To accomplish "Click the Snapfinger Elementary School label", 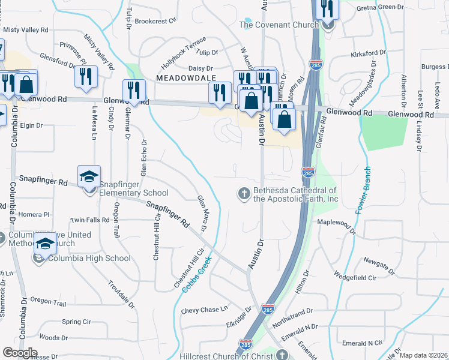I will coord(133,193).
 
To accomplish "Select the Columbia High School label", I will coord(88,259).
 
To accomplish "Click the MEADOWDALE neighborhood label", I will coord(181,79).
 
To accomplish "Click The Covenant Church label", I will coord(279,25).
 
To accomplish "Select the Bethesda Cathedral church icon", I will coord(244,192).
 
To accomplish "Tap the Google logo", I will coord(20,353).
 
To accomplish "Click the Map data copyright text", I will coord(423,355).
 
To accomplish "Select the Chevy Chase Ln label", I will coord(205,310).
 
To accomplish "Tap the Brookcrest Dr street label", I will coord(155,20).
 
